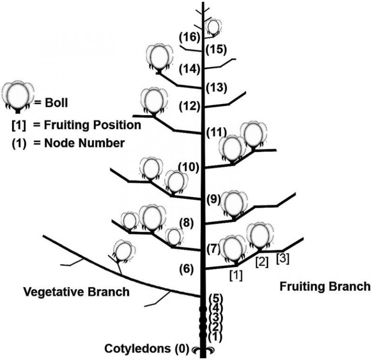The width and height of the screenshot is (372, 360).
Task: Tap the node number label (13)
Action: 215,88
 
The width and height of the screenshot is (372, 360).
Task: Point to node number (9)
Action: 214,198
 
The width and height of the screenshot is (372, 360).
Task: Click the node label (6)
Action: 188,268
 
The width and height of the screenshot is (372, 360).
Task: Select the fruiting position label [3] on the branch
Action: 283,258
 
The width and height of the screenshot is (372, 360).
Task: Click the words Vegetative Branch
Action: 77,292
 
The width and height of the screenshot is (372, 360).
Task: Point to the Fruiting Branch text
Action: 325,286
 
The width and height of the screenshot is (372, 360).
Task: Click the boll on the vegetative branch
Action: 124,251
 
